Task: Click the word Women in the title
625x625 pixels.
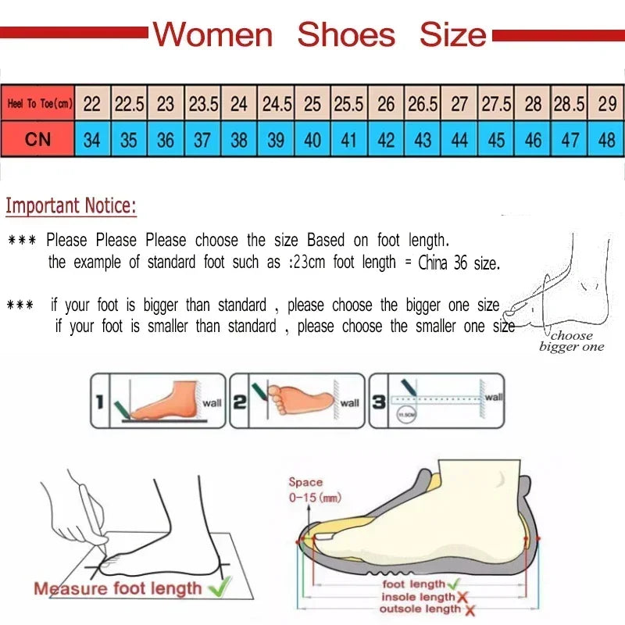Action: [x=212, y=35]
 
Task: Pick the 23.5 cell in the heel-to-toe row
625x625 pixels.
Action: [x=203, y=103]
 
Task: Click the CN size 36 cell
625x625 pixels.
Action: [x=166, y=140]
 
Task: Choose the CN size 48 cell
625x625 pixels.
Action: [x=606, y=140]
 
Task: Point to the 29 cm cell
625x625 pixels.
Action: [x=606, y=103]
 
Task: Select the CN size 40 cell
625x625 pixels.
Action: [x=312, y=140]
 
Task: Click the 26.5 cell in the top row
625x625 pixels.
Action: [x=423, y=103]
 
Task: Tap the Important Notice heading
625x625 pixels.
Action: [x=71, y=206]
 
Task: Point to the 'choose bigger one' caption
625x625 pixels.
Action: [x=571, y=341]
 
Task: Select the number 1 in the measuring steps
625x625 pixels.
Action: [x=99, y=403]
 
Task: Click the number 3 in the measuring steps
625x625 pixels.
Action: [x=379, y=403]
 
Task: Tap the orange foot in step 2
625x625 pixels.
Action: [x=301, y=398]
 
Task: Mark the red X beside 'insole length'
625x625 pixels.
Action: [x=461, y=598]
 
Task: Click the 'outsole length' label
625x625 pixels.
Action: [x=420, y=609]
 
